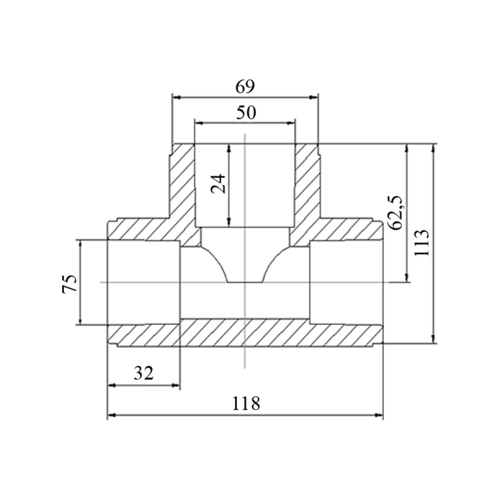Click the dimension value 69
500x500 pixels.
coord(245,86)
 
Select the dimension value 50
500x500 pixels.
coord(246,112)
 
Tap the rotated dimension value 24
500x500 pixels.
coord(218,184)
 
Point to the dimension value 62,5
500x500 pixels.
coord(395,212)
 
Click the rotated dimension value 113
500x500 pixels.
coord(422,242)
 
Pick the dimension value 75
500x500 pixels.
coord(69,283)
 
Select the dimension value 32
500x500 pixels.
coord(143,373)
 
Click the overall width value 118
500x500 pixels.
coord(246,403)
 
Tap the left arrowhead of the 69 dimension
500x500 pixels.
coord(176,97)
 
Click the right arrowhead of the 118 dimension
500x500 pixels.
coord(379,415)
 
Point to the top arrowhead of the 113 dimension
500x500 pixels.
coord(433,148)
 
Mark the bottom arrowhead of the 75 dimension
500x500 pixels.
coord(80,320)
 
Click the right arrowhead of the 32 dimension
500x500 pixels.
coord(176,385)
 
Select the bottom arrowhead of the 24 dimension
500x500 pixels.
coord(229,222)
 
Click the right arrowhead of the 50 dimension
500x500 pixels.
coord(291,123)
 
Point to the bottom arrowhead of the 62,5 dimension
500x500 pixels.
coord(406,277)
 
